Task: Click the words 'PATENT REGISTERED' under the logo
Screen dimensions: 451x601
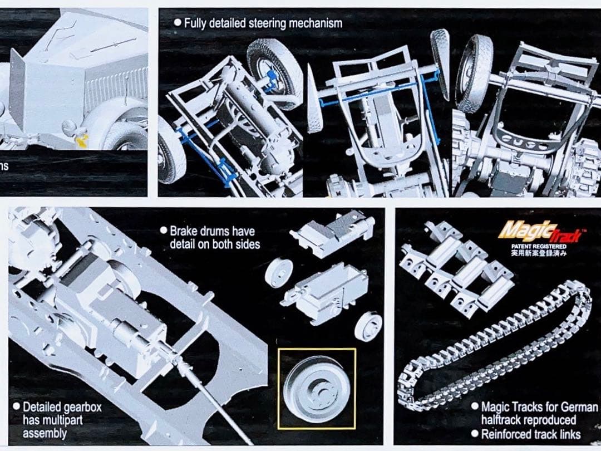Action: (539, 246)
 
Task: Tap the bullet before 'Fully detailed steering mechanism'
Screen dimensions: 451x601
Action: (178, 23)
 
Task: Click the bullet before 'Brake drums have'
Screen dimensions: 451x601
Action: (163, 231)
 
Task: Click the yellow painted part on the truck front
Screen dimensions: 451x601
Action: (82, 141)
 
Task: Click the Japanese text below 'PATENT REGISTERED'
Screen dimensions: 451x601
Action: (539, 252)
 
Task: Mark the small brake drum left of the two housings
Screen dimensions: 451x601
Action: (279, 273)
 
